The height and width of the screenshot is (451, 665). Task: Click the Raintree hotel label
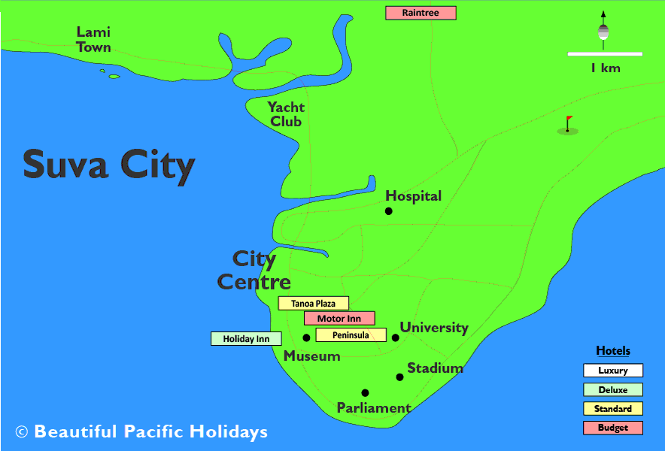(x=421, y=13)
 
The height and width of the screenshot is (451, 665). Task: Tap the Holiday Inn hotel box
(x=246, y=339)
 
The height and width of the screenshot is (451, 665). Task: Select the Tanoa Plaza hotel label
(x=313, y=304)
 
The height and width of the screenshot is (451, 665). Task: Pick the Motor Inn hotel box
(x=339, y=319)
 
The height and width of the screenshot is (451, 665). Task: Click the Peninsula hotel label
(x=351, y=335)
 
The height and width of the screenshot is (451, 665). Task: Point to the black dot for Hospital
(x=388, y=211)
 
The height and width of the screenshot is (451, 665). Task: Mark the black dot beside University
(x=396, y=337)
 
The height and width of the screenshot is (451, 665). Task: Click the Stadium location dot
(x=399, y=377)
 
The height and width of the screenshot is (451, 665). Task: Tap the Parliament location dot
(x=365, y=392)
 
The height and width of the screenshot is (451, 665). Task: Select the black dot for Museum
(x=306, y=337)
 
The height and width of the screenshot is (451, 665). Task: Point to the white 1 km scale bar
(x=605, y=54)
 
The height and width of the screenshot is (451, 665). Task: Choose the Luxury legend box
(x=613, y=371)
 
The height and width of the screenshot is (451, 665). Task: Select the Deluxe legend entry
(x=613, y=389)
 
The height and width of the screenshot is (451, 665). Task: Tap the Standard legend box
(x=613, y=409)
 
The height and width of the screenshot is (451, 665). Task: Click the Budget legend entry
(x=613, y=428)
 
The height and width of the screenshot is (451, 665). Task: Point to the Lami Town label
(x=94, y=40)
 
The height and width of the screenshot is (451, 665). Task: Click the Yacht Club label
(x=287, y=114)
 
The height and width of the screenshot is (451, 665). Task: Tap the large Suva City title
(x=109, y=165)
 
